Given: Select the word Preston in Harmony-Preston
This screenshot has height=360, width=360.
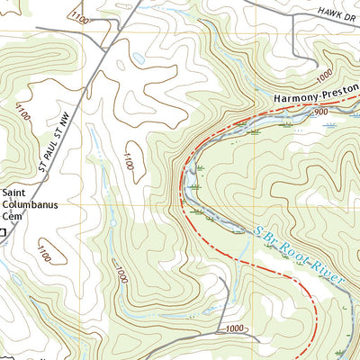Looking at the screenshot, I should coord(337,90).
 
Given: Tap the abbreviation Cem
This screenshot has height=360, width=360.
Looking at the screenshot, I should coord(12,216).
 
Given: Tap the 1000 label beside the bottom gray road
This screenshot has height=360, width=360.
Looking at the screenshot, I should coord(235,328).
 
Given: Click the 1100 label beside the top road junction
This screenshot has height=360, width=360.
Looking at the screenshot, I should coord(80,17).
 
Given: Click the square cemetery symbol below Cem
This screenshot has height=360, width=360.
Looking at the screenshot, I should coord(3,232).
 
